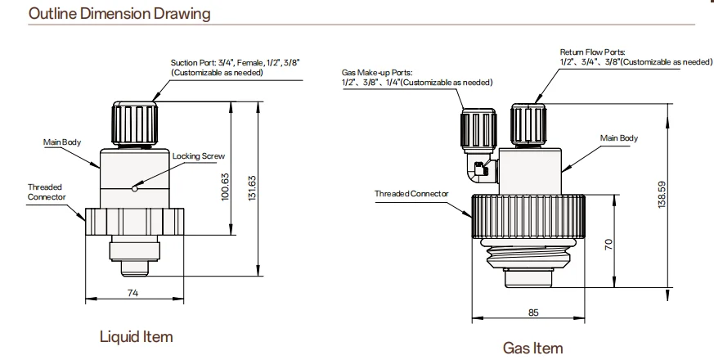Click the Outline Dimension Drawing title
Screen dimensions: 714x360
[119, 14]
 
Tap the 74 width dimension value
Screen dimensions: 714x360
[132, 293]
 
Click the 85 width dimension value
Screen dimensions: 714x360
[533, 313]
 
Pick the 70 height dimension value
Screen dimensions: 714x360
[608, 245]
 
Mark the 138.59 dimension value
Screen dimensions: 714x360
[662, 195]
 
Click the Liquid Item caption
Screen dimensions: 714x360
[136, 337]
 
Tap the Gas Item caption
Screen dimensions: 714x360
[532, 349]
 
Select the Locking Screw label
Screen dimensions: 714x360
[199, 156]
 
